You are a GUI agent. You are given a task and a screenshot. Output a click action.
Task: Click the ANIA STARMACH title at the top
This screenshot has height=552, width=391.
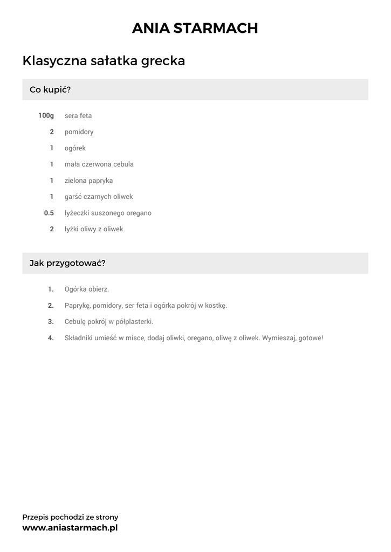[x=195, y=29]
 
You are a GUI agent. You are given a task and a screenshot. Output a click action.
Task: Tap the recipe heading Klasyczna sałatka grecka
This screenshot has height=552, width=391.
[x=104, y=61]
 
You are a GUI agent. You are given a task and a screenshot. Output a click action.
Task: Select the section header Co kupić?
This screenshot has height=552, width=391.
[x=50, y=89]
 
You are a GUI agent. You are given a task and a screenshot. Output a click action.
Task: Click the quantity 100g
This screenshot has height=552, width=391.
[x=46, y=115]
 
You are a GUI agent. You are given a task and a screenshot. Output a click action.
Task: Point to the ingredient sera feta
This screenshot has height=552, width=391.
[x=78, y=115]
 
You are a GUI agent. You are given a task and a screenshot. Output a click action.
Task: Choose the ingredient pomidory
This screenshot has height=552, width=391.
[x=79, y=132]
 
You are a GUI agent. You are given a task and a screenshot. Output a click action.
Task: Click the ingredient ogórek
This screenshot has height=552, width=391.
[x=75, y=148]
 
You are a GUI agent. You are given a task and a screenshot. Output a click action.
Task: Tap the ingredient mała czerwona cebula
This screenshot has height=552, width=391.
[x=99, y=164]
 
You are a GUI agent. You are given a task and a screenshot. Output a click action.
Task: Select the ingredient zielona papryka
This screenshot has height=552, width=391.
[x=88, y=181]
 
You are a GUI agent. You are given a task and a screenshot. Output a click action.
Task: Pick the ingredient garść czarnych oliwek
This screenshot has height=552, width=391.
[x=99, y=197]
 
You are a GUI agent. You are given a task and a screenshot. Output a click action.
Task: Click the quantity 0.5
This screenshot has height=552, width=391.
[x=49, y=213]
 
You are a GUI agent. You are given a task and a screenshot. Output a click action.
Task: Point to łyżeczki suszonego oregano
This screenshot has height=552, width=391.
[x=108, y=213]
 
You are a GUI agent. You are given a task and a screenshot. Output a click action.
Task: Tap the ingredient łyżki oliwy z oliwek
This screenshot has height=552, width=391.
[x=94, y=229]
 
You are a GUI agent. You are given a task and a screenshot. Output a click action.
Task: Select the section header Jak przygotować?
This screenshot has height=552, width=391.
[x=67, y=264]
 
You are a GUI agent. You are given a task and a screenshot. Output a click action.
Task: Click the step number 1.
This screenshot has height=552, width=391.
[x=51, y=289]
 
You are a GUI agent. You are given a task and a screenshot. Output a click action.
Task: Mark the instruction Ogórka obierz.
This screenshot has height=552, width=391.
[x=86, y=289]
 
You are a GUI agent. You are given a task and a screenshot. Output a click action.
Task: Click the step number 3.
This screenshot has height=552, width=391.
[x=51, y=321]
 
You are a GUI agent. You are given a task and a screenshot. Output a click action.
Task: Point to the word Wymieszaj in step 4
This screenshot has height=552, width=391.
[x=279, y=338]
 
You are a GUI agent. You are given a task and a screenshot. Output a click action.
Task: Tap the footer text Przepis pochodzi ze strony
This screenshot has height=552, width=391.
[x=70, y=517]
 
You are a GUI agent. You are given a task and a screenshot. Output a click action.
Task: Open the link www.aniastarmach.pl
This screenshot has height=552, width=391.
[x=70, y=528]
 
